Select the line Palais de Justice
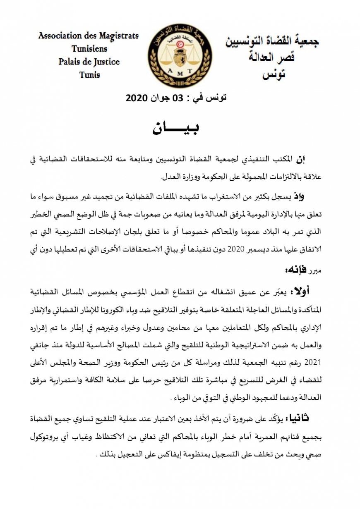(x=89, y=62)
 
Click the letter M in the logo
(x=180, y=70)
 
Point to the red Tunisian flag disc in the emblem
(x=180, y=43)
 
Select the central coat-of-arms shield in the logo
(x=180, y=56)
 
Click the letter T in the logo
(x=190, y=70)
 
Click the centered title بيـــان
(x=176, y=129)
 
